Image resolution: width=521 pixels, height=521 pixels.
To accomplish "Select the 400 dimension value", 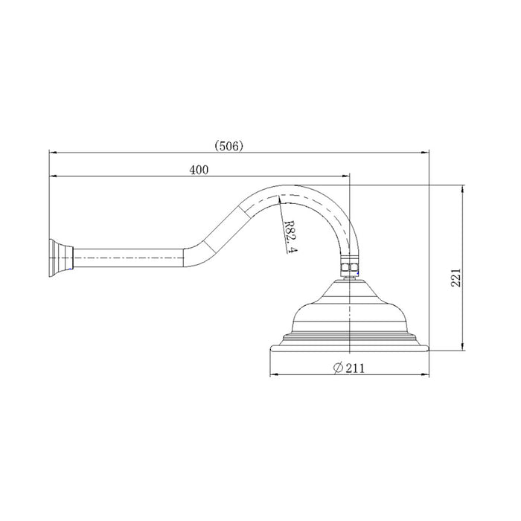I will [199, 170].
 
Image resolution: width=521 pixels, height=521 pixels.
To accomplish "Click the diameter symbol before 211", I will [338, 366].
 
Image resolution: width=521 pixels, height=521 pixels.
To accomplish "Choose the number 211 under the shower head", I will [355, 366].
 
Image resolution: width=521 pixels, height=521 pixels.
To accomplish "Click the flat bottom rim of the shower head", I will [348, 347].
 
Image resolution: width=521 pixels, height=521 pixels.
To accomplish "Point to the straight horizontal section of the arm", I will [127, 258].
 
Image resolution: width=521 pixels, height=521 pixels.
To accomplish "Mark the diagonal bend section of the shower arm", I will [216, 227].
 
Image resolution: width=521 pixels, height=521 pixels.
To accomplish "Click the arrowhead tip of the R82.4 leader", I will [278, 197].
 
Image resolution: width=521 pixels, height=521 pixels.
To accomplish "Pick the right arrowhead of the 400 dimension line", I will [347, 177].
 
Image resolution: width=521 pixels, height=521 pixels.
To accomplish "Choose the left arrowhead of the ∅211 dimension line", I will [271, 373].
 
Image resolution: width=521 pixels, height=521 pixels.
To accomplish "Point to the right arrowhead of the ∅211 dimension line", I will [426, 373].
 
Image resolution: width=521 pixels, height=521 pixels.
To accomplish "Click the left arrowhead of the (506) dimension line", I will [52, 153].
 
